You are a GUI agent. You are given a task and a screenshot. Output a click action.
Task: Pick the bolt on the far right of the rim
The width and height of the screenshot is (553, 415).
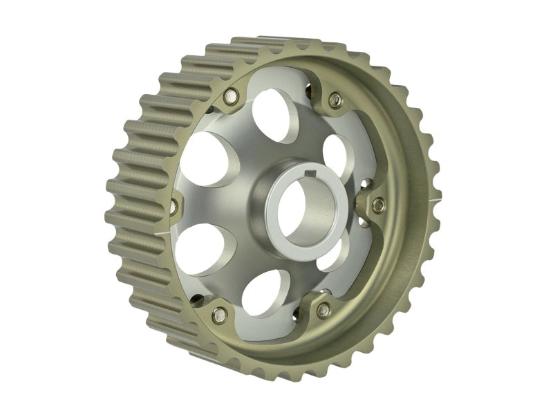pyautogui.click(x=378, y=205)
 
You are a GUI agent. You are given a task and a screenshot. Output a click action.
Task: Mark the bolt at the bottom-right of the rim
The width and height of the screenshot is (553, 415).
pyautogui.click(x=323, y=311)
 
